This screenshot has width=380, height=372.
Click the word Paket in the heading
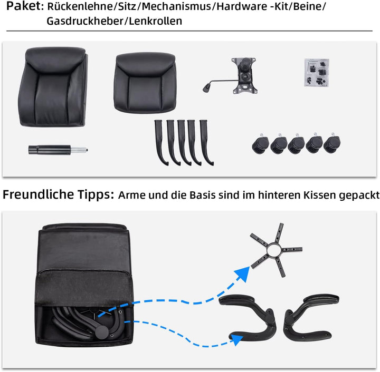coord(21,7)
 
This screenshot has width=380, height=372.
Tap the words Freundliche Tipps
coord(58,194)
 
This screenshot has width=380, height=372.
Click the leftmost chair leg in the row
coord(160,142)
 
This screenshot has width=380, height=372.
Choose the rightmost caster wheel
coord(332,143)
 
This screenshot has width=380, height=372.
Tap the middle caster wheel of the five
coord(297,144)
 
